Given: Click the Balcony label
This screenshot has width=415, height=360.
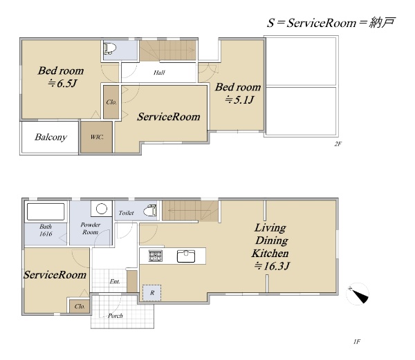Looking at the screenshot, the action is [50, 138].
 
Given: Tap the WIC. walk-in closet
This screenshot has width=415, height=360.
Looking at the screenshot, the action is [97, 137].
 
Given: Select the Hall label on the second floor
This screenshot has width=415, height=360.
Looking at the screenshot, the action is [159, 73].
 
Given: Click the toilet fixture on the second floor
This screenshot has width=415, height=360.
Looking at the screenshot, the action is [110, 48].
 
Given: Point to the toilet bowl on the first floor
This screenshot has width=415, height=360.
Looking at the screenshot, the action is [150, 211].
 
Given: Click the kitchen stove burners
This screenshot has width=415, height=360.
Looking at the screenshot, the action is [156, 256].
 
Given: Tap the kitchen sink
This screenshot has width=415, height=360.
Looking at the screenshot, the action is [186, 256].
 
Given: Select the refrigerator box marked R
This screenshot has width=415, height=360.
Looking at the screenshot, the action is [151, 292].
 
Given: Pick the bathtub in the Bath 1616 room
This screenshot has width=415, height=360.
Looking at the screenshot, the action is [46, 211].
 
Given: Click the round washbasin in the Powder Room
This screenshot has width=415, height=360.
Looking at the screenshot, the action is [102, 209].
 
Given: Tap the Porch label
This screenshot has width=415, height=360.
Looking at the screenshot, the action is [116, 316].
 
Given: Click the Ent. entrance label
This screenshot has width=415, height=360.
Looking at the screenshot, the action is [115, 282].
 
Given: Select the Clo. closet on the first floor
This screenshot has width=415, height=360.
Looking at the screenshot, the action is [80, 306].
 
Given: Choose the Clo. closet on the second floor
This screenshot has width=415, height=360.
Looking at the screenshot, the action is [111, 102].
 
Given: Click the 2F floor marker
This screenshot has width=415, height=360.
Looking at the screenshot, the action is [338, 144].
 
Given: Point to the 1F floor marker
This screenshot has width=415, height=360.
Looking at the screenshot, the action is [357, 342].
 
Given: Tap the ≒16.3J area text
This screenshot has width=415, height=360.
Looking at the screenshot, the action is [272, 265].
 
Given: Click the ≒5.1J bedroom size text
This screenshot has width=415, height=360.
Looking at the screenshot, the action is [239, 100].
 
